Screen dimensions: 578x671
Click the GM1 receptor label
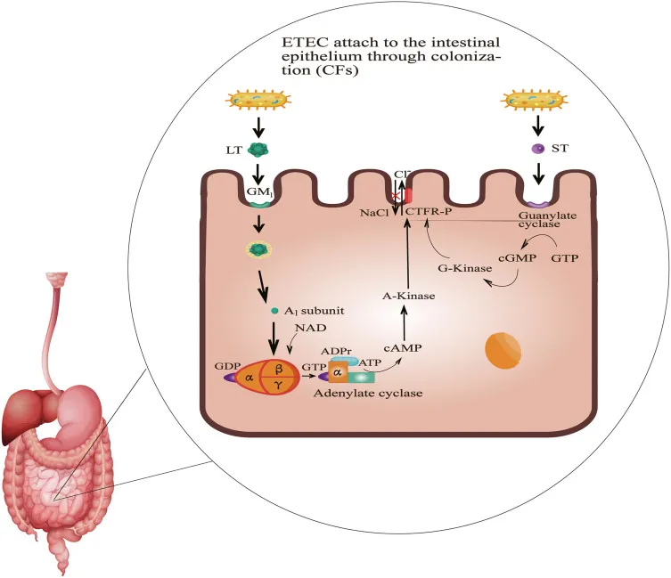(x=257, y=191)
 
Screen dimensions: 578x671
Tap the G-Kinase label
(x=456, y=265)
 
